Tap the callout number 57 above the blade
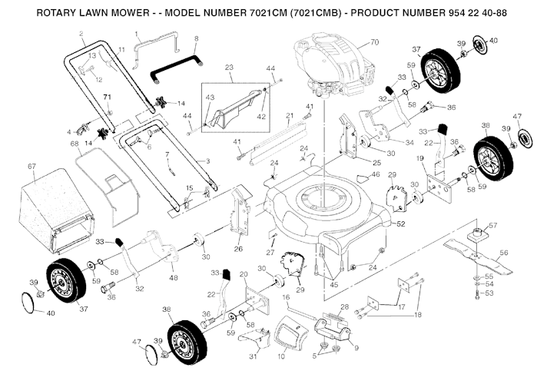click(493, 226)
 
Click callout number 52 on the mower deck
click(400, 224)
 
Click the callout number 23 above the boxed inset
click(229, 68)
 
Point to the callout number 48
click(173, 277)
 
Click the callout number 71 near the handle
click(108, 96)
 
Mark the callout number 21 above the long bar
click(290, 116)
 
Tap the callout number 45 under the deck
click(334, 285)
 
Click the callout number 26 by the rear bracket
click(237, 248)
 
